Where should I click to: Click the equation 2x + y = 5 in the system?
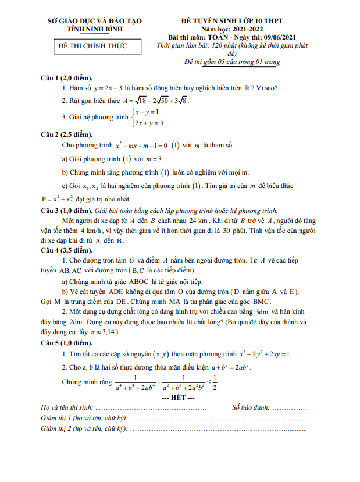(149, 123)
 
